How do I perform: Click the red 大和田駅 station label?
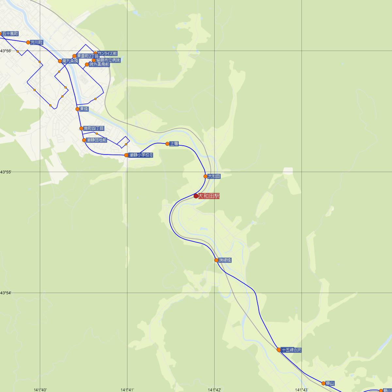pos(209,196)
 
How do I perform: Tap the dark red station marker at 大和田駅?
pos(196,196)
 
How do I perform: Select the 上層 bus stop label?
pos(174,144)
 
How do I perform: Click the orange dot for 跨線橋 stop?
pos(216,260)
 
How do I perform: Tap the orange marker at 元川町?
pos(28,42)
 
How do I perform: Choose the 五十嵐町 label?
pos(10,34)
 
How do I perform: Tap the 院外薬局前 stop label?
pos(99,65)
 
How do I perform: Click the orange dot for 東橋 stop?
pos(77,109)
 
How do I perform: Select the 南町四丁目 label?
pos(94,128)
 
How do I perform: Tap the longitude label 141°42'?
pos(214,389)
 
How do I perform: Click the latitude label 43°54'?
pos(6,293)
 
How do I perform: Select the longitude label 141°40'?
pos(40,389)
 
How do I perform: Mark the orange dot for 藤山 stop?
pos(323,383)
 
